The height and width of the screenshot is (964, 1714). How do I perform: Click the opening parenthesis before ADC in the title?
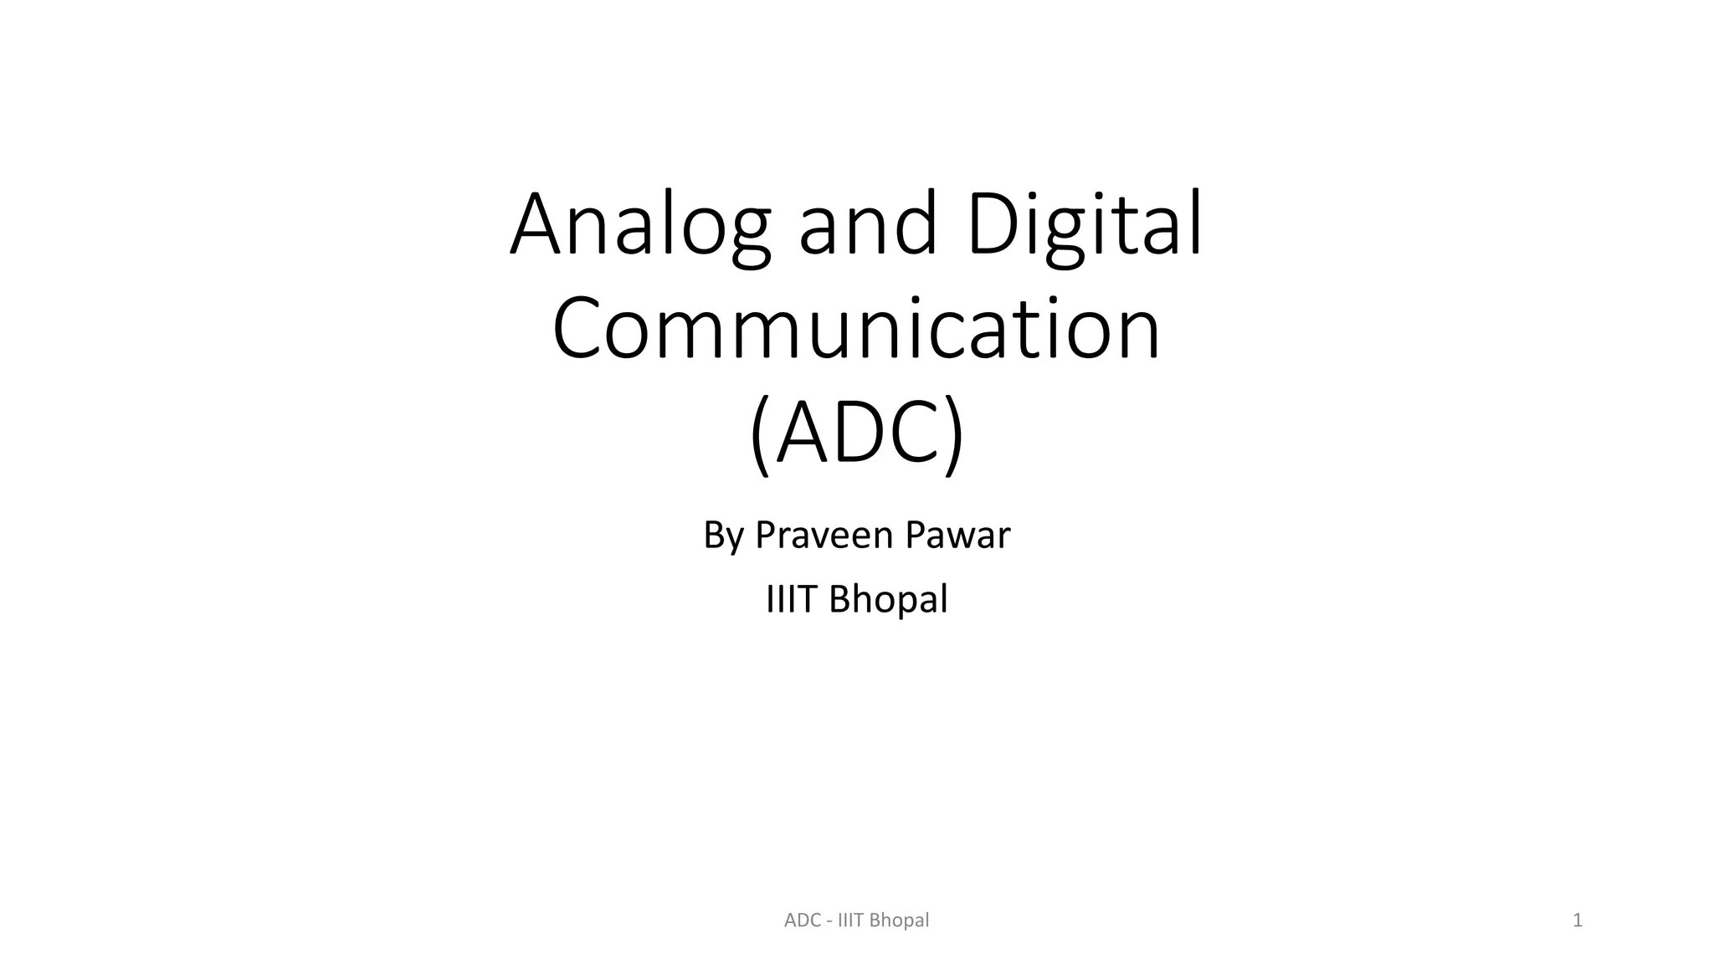(760, 435)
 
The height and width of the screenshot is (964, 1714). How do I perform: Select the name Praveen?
(809, 536)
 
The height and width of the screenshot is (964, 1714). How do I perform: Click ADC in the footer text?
(802, 920)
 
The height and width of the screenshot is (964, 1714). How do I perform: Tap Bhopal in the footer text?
(900, 921)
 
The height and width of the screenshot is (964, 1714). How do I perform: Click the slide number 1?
(1578, 920)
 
